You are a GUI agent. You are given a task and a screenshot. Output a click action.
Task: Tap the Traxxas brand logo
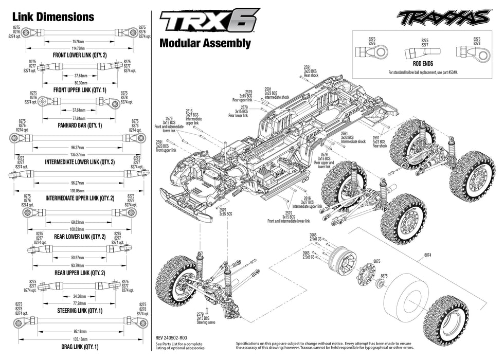pos(442,18)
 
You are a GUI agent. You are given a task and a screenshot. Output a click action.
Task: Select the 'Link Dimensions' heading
pos(54,16)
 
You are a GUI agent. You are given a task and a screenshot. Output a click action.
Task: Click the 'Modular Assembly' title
pos(205,43)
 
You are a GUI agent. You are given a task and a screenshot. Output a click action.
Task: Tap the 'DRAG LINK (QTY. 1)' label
pos(80,347)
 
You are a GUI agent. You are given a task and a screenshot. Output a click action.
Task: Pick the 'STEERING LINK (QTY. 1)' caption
pos(80,311)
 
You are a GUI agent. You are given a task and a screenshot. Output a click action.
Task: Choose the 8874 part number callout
pos(428,254)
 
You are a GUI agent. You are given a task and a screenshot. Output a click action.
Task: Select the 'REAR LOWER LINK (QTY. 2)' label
pos(80,237)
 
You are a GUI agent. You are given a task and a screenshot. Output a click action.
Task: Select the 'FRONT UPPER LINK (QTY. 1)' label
pos(80,89)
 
